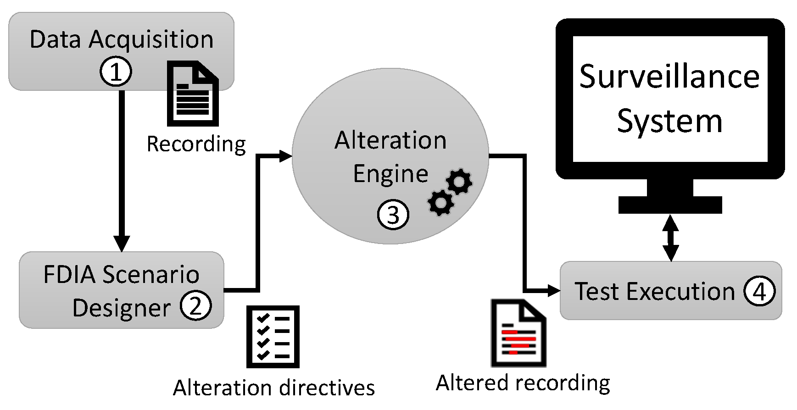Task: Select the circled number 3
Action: (x=393, y=214)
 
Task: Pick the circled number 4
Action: (x=760, y=291)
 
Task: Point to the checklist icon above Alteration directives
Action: (x=273, y=337)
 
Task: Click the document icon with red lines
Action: (x=518, y=333)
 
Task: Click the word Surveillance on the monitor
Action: (x=669, y=77)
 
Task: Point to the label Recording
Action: (x=196, y=144)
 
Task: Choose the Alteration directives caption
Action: (x=274, y=388)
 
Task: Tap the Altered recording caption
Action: (x=523, y=383)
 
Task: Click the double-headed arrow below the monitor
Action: (x=670, y=238)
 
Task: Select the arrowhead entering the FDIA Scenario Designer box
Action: (x=122, y=243)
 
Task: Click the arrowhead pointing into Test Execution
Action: (x=554, y=290)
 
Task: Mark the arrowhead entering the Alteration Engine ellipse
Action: (x=286, y=156)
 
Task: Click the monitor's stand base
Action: (x=670, y=205)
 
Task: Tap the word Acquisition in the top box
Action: (x=151, y=39)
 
